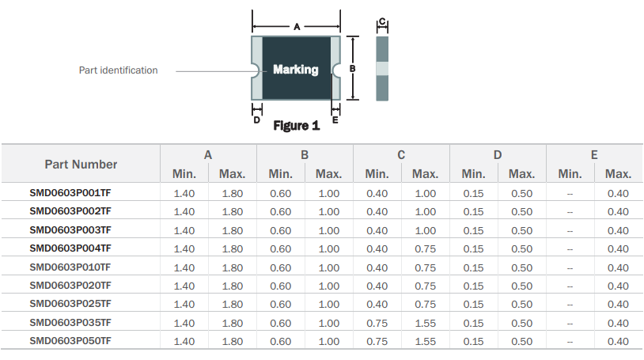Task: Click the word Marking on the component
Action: pyautogui.click(x=296, y=70)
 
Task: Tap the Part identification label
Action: pyautogui.click(x=119, y=70)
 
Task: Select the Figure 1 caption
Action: pyautogui.click(x=297, y=125)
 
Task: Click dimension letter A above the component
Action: pyautogui.click(x=297, y=27)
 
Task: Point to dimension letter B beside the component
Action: pyautogui.click(x=352, y=69)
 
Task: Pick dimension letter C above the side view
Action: pyautogui.click(x=382, y=21)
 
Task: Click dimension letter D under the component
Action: pyautogui.click(x=256, y=120)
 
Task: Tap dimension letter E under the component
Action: pyautogui.click(x=335, y=120)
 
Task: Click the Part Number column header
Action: pyautogui.click(x=81, y=165)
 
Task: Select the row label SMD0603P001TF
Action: pyautogui.click(x=70, y=193)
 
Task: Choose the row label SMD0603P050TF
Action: pyautogui.click(x=70, y=341)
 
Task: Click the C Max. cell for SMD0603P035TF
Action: pyautogui.click(x=425, y=323)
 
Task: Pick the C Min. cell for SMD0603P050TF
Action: pyautogui.click(x=377, y=342)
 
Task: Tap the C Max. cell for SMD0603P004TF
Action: pyautogui.click(x=425, y=249)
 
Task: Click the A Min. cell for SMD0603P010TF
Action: pyautogui.click(x=184, y=267)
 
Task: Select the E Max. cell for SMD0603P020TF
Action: pyautogui.click(x=618, y=286)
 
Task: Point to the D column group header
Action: pyautogui.click(x=498, y=155)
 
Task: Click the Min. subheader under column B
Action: pyautogui.click(x=281, y=174)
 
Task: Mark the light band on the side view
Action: pyautogui.click(x=382, y=69)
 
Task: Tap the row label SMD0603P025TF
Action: pyautogui.click(x=70, y=304)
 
